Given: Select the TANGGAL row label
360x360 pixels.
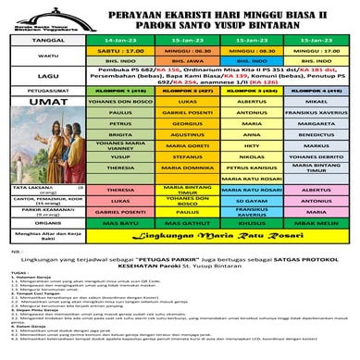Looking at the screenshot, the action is click(x=36, y=41).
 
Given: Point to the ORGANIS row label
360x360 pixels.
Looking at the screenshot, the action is click(x=36, y=275).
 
